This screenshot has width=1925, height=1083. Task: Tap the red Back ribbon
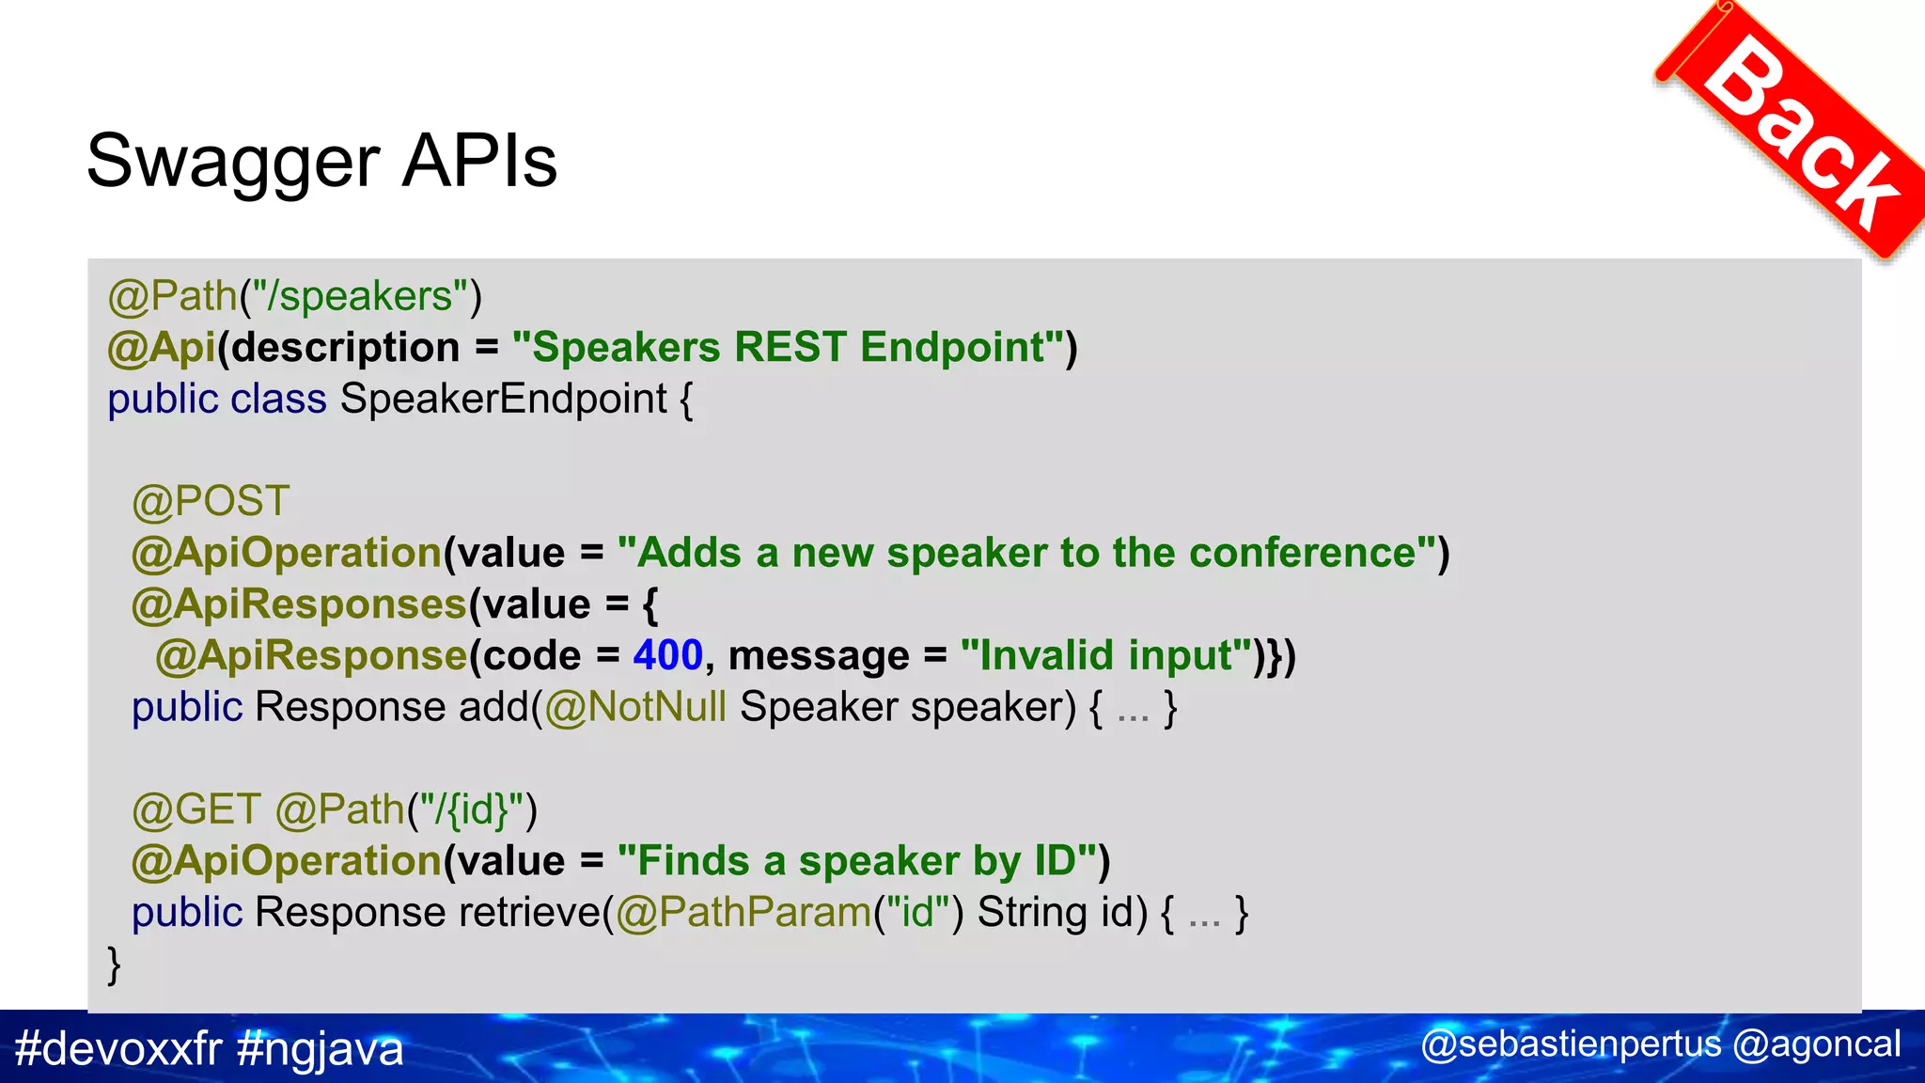(x=1800, y=132)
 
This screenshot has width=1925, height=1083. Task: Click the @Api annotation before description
(x=162, y=348)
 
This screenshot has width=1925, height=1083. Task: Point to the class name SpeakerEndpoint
(x=503, y=400)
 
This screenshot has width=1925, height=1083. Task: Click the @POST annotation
(x=211, y=502)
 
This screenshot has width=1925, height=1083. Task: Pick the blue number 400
(x=667, y=656)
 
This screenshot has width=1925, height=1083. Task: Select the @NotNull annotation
(x=635, y=707)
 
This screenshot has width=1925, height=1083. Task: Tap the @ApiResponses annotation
(x=299, y=604)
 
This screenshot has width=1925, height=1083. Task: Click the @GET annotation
(x=196, y=810)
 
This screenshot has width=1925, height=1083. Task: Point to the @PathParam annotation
(x=743, y=913)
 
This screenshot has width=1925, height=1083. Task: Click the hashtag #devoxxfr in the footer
(x=118, y=1048)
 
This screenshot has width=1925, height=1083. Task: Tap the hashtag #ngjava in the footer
(x=321, y=1048)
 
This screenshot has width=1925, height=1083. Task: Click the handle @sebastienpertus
(x=1570, y=1044)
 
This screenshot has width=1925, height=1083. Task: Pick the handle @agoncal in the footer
(x=1816, y=1044)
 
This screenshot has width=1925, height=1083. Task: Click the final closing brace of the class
(x=114, y=965)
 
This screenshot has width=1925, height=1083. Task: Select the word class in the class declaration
(x=278, y=400)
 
